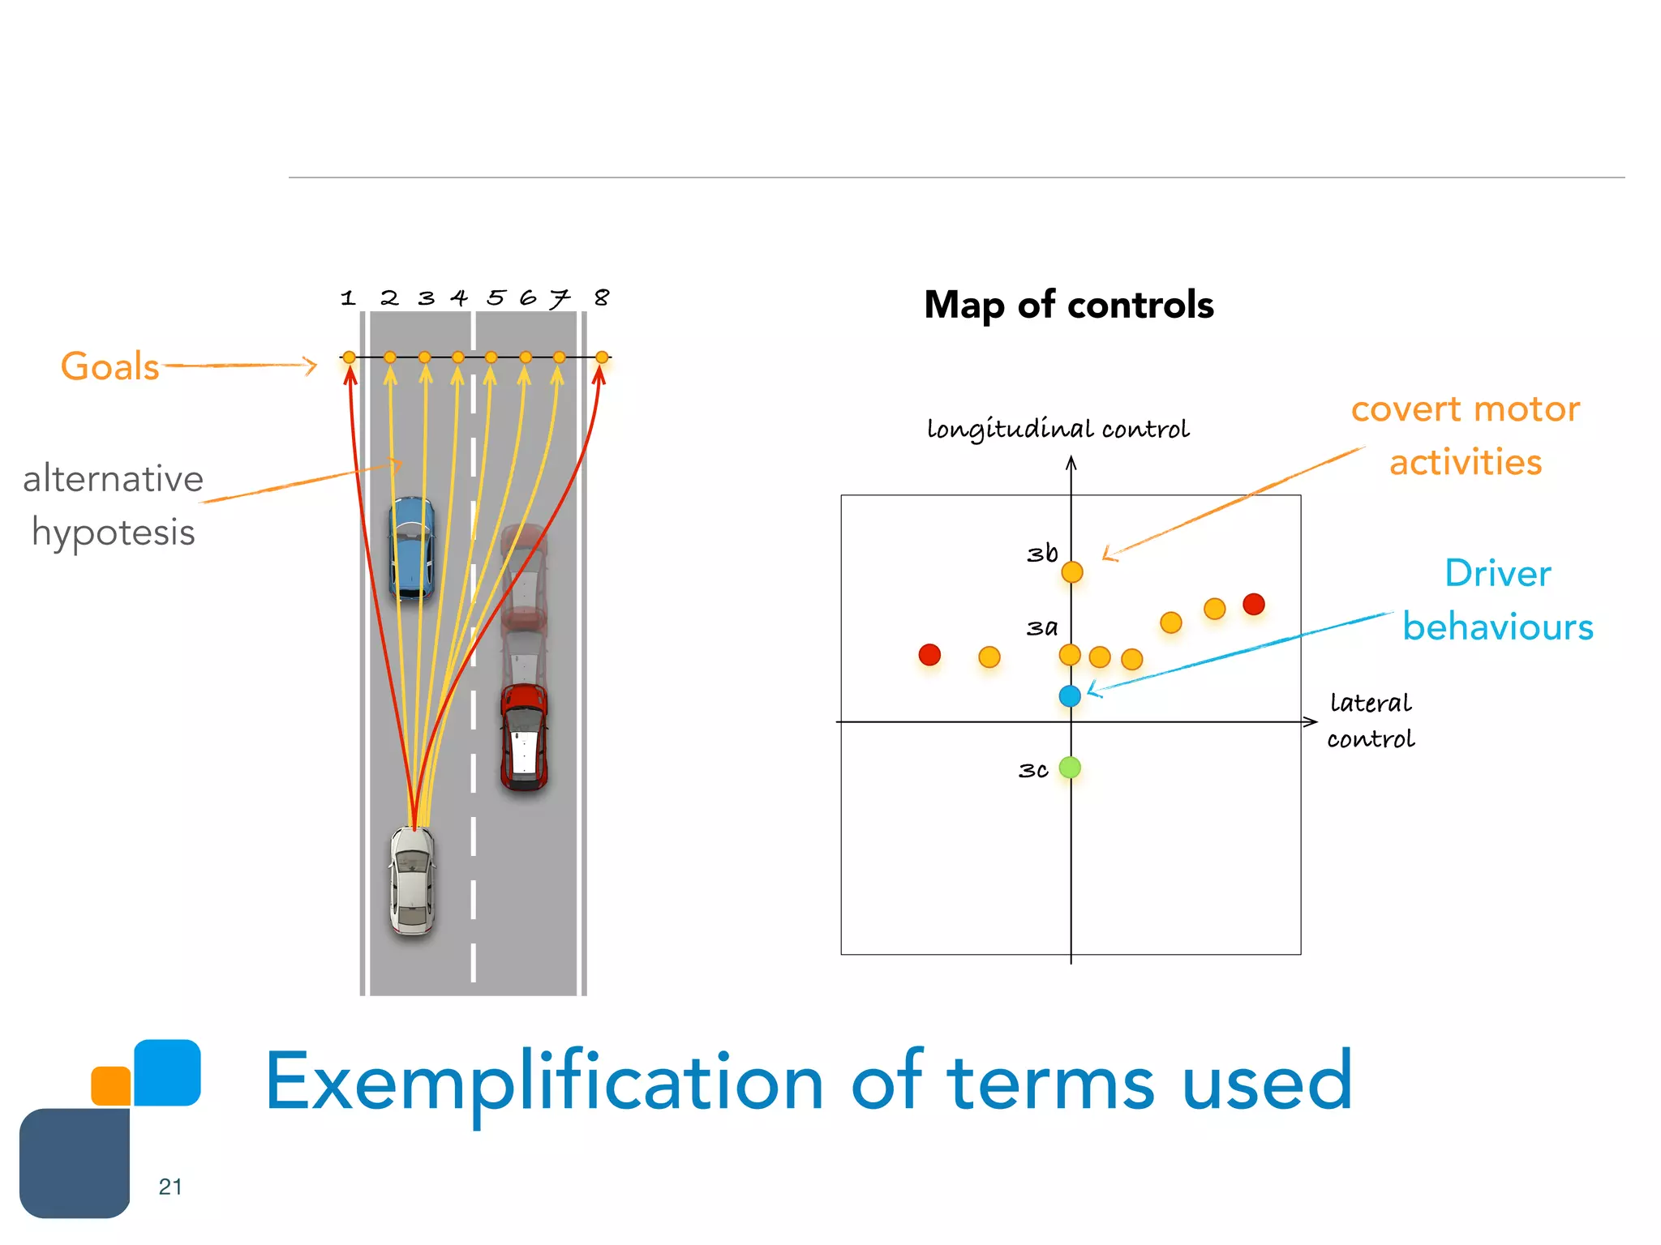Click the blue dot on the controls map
pyautogui.click(x=1070, y=695)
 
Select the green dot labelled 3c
pyautogui.click(x=1070, y=767)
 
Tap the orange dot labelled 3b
pyautogui.click(x=1071, y=571)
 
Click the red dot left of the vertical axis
pyautogui.click(x=929, y=654)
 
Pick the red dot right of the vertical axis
pyautogui.click(x=1253, y=604)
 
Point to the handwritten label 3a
pyautogui.click(x=1041, y=627)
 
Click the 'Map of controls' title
pyautogui.click(x=1068, y=305)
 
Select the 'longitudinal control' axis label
pyautogui.click(x=1058, y=428)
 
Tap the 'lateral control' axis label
pyautogui.click(x=1371, y=721)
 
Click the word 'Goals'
pyautogui.click(x=110, y=366)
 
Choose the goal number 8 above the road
pyautogui.click(x=601, y=297)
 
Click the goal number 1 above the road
pyautogui.click(x=348, y=298)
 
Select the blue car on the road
pyautogui.click(x=411, y=548)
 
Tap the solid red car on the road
pyautogui.click(x=524, y=736)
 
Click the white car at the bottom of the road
pyautogui.click(x=412, y=880)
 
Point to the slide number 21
pyautogui.click(x=170, y=1187)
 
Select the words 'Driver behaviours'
pyautogui.click(x=1497, y=601)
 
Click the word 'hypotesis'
pyautogui.click(x=114, y=533)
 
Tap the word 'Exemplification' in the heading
pyautogui.click(x=544, y=1081)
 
